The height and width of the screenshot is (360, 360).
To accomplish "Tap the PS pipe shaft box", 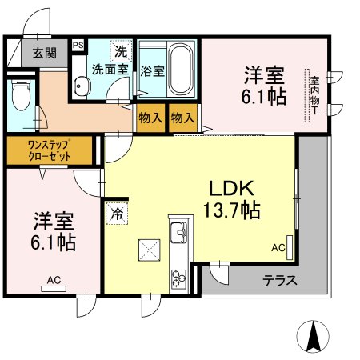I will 78,46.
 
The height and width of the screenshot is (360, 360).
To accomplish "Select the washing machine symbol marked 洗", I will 121,51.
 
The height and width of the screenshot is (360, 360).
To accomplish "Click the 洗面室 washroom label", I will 110,70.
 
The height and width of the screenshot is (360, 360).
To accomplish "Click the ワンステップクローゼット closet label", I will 50,150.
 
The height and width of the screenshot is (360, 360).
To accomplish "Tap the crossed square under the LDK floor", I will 150,250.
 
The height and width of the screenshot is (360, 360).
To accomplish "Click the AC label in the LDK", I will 278,248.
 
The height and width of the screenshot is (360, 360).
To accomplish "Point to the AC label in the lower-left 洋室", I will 54,279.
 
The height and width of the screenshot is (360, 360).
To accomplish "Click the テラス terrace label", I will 280,281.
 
